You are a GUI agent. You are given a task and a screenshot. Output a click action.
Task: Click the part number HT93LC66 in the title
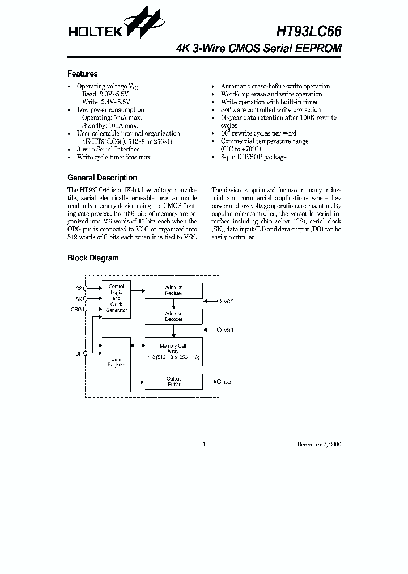pyautogui.click(x=309, y=31)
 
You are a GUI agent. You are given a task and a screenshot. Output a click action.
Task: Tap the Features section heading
pyautogui.click(x=82, y=74)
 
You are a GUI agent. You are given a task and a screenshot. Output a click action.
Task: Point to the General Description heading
pyautogui.click(x=102, y=178)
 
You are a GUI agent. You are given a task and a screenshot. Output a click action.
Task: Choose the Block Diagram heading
pyautogui.click(x=93, y=258)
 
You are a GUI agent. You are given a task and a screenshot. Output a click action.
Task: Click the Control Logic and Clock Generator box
pyautogui.click(x=116, y=298)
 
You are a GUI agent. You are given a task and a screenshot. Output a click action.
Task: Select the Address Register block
pyautogui.click(x=174, y=290)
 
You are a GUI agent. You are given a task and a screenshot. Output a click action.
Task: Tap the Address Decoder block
pyautogui.click(x=174, y=316)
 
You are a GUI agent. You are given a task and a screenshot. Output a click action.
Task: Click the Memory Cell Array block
pyautogui.click(x=174, y=352)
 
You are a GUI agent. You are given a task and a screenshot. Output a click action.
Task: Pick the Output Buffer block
pyautogui.click(x=174, y=382)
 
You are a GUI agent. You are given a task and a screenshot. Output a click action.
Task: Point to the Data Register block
pyautogui.click(x=116, y=362)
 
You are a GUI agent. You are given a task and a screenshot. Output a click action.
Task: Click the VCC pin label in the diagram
pyautogui.click(x=229, y=302)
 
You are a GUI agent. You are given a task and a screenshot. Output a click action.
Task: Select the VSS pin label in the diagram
pyautogui.click(x=229, y=330)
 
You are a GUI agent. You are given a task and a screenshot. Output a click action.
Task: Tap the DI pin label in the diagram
pyautogui.click(x=78, y=353)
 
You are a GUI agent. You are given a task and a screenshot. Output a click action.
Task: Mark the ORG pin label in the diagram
pyautogui.click(x=76, y=310)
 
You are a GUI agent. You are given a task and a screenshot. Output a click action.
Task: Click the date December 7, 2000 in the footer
pyautogui.click(x=319, y=444)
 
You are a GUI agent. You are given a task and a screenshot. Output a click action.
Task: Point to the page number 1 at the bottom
pyautogui.click(x=204, y=444)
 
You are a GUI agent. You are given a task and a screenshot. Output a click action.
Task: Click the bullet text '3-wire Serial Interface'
pyautogui.click(x=108, y=149)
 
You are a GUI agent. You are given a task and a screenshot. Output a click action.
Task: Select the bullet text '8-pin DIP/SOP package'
pyautogui.click(x=253, y=157)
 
